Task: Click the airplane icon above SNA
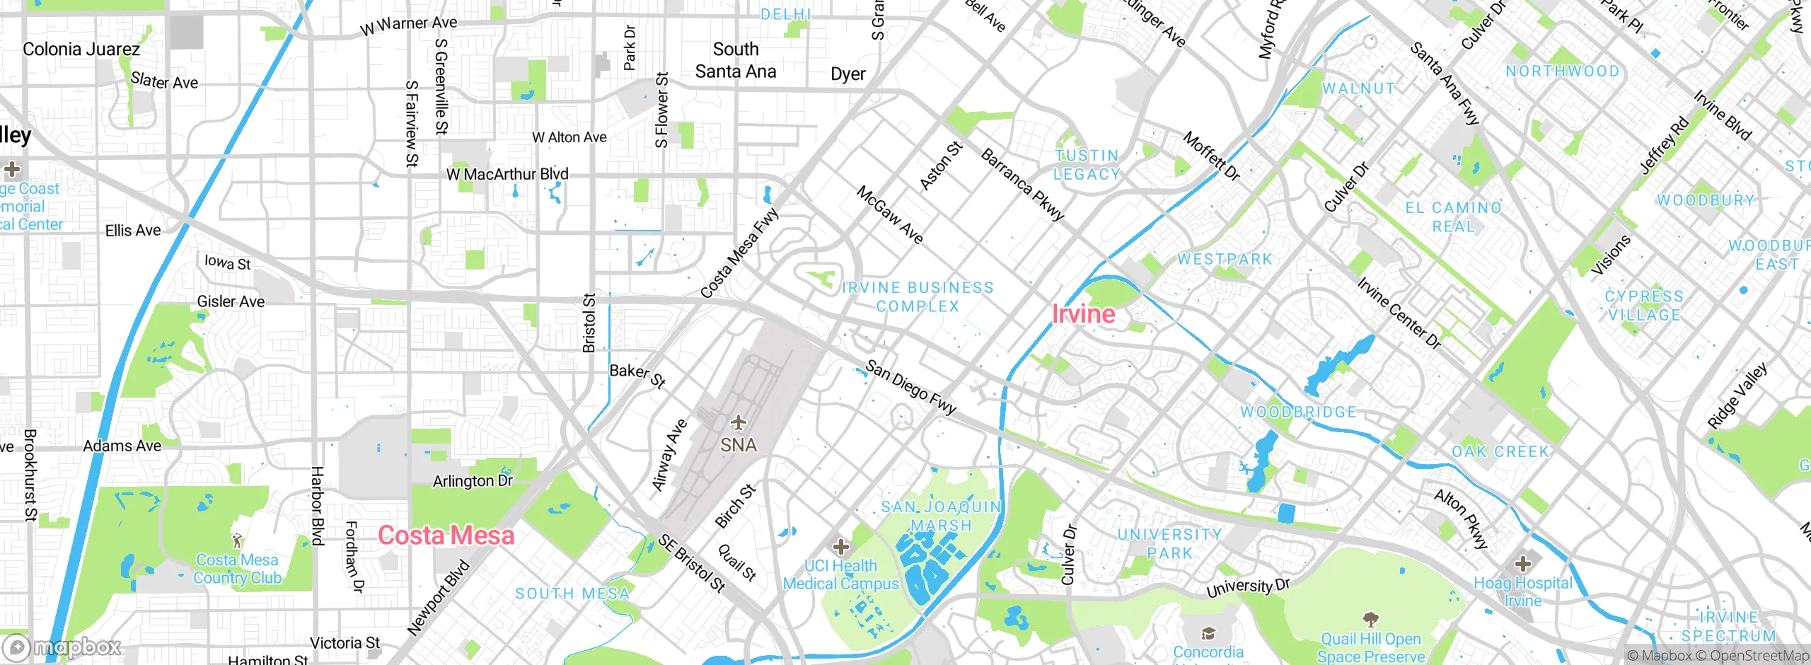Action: tap(739, 423)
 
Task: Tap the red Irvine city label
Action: tap(1083, 314)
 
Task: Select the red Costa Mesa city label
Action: tap(446, 536)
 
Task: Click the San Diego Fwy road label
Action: tap(910, 387)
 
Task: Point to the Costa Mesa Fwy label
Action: tap(739, 253)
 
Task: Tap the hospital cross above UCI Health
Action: tap(840, 546)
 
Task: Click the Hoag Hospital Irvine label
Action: tap(1523, 591)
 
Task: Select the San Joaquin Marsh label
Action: tap(941, 516)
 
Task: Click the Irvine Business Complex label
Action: tap(918, 297)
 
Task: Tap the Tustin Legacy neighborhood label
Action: tap(1087, 165)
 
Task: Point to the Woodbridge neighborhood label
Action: tap(1298, 412)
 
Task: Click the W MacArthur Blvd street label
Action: tap(507, 174)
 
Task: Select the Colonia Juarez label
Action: tap(81, 50)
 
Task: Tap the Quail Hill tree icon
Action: tap(1371, 620)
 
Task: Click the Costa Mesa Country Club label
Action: tap(237, 569)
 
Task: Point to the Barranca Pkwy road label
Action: tap(1022, 185)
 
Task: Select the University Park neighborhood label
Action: tap(1169, 543)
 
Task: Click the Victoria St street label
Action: tap(345, 643)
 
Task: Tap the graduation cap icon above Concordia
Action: tap(1208, 632)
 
